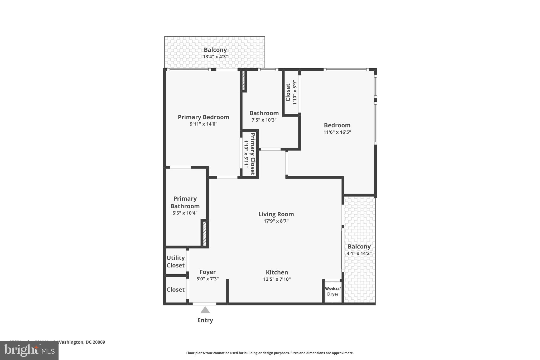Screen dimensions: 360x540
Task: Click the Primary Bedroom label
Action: click(x=203, y=117)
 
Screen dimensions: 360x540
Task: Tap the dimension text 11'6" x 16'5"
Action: click(x=337, y=132)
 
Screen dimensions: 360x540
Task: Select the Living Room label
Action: click(x=276, y=214)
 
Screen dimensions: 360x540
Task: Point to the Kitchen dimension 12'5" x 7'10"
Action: click(x=277, y=279)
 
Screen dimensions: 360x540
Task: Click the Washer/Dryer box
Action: click(x=332, y=291)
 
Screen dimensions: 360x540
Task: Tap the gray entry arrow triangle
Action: click(x=205, y=310)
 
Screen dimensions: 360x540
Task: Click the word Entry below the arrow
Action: click(x=205, y=320)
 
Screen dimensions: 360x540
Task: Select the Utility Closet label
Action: click(x=175, y=262)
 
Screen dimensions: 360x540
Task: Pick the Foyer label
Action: click(x=207, y=272)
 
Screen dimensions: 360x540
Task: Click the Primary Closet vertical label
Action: click(x=252, y=154)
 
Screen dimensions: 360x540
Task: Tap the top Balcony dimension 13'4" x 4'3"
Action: click(x=215, y=57)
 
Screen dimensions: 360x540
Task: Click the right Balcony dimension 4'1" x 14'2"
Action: click(x=359, y=253)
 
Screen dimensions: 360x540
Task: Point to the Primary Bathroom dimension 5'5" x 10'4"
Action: click(x=185, y=213)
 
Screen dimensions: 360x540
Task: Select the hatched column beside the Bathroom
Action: click(x=244, y=80)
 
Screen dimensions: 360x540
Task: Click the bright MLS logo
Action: click(x=29, y=350)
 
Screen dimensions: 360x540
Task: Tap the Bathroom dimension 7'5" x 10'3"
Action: click(x=264, y=120)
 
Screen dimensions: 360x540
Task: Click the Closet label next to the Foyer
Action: click(x=175, y=290)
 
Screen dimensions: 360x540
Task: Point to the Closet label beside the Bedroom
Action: click(x=288, y=92)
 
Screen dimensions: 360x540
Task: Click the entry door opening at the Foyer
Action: click(x=204, y=304)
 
